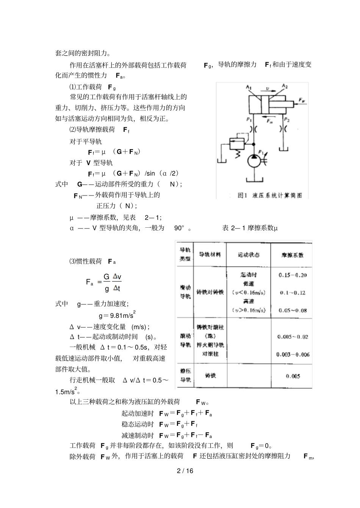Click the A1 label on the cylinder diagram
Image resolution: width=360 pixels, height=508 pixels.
(x=248, y=88)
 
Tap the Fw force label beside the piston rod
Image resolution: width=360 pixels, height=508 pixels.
(x=302, y=100)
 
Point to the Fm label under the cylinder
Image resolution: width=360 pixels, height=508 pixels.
(x=270, y=121)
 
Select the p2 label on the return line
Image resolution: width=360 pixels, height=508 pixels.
(x=287, y=119)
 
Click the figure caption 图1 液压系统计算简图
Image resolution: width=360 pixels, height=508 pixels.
(x=270, y=195)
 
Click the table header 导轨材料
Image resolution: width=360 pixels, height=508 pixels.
(x=210, y=255)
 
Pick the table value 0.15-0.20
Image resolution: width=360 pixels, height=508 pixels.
(x=292, y=275)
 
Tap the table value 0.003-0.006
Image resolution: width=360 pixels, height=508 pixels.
(x=293, y=354)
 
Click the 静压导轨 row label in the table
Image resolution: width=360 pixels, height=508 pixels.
(x=185, y=376)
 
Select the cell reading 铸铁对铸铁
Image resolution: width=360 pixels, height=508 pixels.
(x=210, y=292)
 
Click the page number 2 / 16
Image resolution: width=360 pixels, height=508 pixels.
(x=185, y=471)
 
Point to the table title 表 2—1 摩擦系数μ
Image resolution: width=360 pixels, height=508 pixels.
(x=250, y=228)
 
